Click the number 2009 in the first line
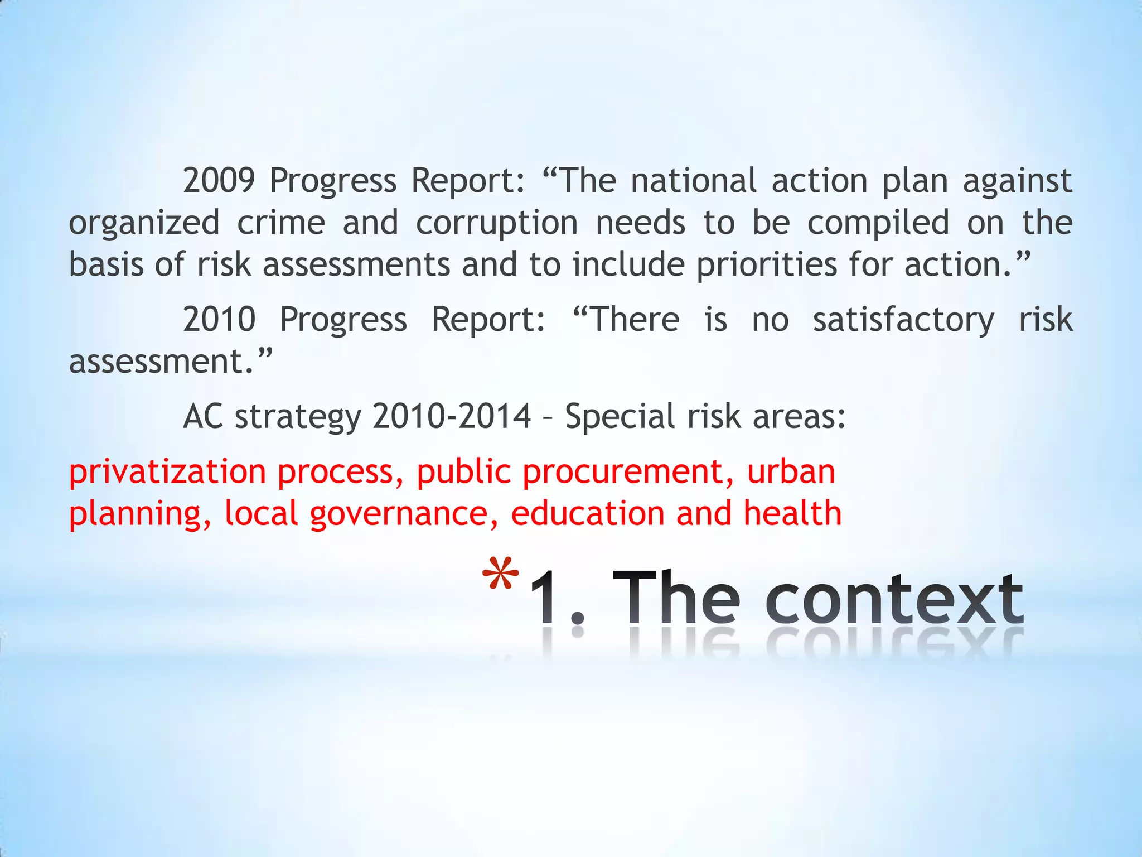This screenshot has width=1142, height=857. (219, 181)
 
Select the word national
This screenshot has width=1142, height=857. (694, 181)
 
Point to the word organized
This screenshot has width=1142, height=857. (144, 223)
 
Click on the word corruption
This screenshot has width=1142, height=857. (497, 223)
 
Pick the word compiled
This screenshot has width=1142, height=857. (878, 222)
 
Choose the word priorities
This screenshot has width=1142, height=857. (766, 264)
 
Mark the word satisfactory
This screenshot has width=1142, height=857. (903, 320)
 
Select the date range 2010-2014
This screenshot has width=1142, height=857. (452, 416)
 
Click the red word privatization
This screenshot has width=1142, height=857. (167, 472)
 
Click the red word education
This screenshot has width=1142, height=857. (587, 513)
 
